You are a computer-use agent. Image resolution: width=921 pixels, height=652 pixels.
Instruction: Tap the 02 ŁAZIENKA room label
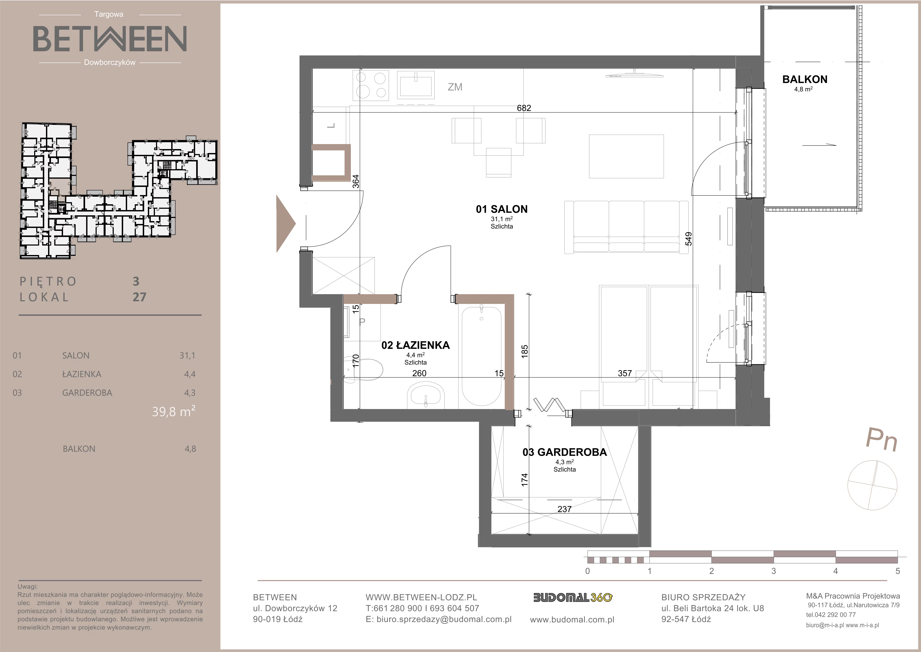tap(415, 345)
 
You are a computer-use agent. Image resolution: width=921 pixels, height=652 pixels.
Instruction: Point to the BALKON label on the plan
tap(805, 79)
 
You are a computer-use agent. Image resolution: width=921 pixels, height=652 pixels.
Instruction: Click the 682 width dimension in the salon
tap(524, 108)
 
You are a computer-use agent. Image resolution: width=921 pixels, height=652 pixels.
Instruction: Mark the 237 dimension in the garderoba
tap(564, 509)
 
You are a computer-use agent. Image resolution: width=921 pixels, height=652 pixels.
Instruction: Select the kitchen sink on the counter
tap(415, 85)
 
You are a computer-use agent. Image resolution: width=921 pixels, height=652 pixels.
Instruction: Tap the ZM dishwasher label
tap(455, 87)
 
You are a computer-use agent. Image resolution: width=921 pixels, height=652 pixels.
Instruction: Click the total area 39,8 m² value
tap(174, 411)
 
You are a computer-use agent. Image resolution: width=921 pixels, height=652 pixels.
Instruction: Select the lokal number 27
tap(139, 297)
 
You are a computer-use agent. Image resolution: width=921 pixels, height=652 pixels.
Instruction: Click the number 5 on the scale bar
tap(898, 571)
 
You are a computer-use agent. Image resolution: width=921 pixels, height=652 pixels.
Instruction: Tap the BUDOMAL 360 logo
tap(573, 598)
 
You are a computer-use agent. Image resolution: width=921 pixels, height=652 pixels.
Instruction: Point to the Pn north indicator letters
tap(882, 440)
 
